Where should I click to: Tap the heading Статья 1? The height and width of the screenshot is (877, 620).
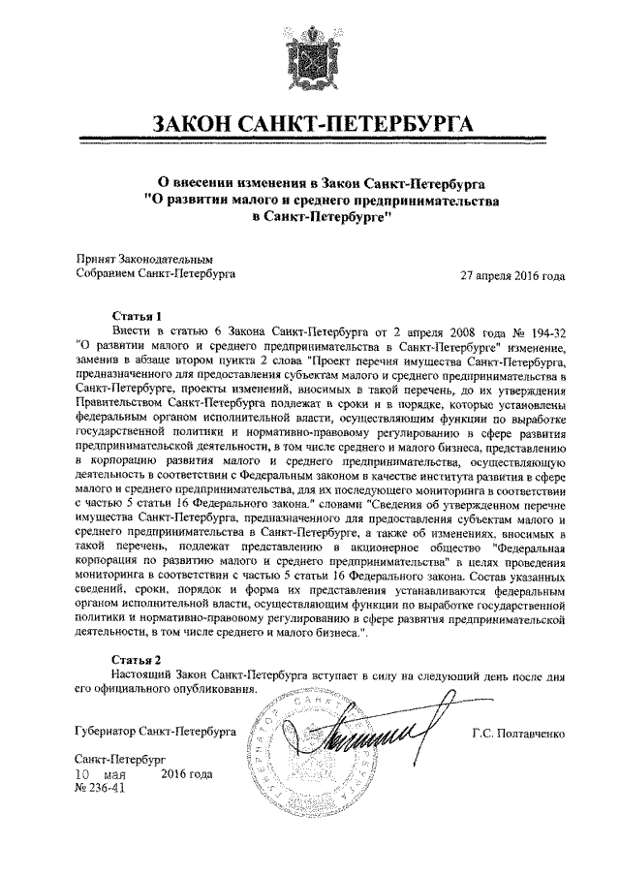[x=136, y=316]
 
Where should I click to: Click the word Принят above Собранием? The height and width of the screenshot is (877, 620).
[x=95, y=260]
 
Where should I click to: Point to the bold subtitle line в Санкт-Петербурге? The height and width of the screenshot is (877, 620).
[x=320, y=218]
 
